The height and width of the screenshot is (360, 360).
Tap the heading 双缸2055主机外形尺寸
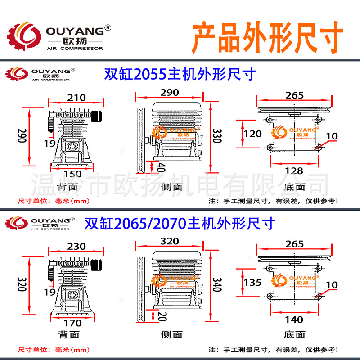[180, 74]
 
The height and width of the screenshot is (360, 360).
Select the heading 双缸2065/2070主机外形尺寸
[180, 223]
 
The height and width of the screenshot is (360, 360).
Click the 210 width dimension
[77, 97]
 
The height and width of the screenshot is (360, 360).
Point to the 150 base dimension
[73, 174]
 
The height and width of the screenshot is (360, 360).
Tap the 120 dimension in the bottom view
[252, 134]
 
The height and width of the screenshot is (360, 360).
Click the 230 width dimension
[77, 247]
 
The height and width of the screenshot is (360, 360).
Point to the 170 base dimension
[73, 323]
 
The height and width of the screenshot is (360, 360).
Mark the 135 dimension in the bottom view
[252, 283]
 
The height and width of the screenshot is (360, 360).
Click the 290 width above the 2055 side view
[170, 93]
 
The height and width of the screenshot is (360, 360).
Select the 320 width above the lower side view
[170, 241]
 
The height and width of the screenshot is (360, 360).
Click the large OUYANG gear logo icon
[22, 36]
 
